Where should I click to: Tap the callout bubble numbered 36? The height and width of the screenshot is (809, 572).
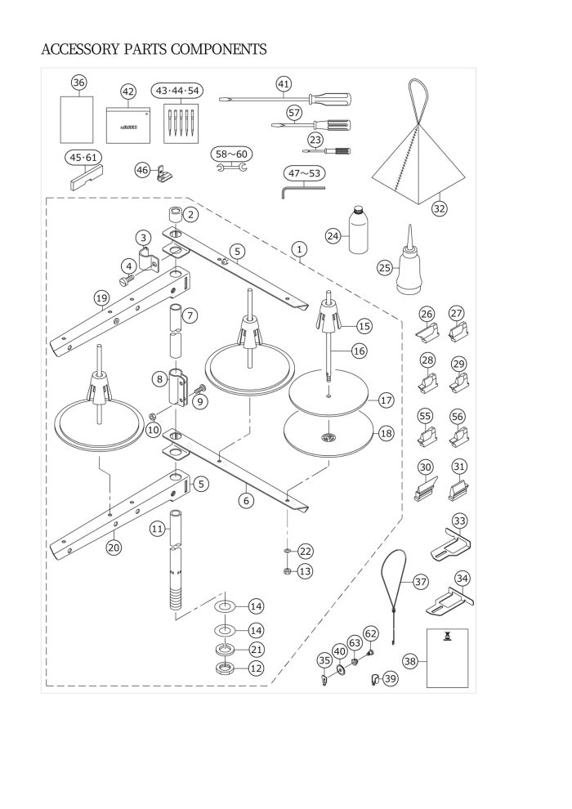(x=78, y=82)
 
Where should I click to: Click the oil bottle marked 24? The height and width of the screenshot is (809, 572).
(x=357, y=231)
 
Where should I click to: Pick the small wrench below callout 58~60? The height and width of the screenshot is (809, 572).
(x=230, y=168)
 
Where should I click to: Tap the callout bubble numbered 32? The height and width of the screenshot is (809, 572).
(x=440, y=208)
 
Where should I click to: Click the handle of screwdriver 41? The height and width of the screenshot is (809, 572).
(x=332, y=100)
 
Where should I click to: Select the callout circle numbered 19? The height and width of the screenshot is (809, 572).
(x=102, y=298)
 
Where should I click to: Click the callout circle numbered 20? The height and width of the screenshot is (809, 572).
(x=114, y=548)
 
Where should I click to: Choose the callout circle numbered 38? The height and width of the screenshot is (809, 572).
(x=410, y=662)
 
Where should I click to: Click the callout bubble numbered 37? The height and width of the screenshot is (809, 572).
(x=421, y=582)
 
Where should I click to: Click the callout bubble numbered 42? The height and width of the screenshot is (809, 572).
(x=127, y=91)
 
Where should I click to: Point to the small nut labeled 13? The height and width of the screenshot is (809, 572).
(x=287, y=570)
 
